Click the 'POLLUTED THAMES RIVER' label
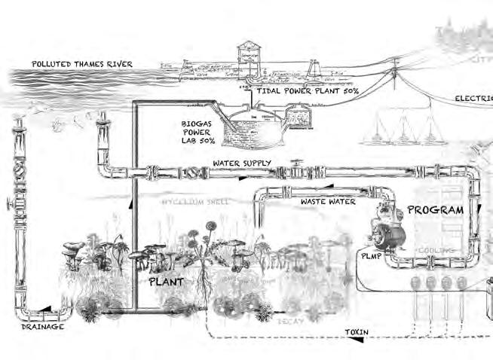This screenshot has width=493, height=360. (81, 64)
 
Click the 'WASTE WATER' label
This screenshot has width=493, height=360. (329, 202)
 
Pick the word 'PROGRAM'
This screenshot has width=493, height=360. (435, 209)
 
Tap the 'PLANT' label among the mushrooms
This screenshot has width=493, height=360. (166, 282)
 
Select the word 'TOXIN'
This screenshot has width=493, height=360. (357, 331)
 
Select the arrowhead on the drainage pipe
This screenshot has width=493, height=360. (47, 309)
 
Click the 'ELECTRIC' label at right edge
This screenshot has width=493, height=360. (473, 99)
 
